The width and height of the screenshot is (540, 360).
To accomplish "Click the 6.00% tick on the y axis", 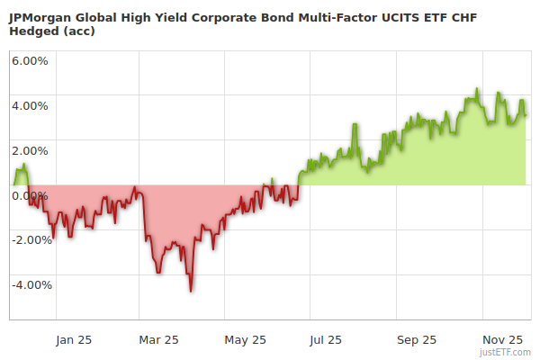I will (31, 60).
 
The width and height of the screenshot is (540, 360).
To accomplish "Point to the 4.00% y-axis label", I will (31, 105).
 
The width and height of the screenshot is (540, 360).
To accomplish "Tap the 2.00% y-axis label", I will (31, 150).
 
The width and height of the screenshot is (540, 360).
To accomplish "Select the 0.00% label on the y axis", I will (31, 195).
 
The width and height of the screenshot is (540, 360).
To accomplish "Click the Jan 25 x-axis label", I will (74, 339).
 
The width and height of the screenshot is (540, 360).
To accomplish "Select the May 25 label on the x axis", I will (246, 339).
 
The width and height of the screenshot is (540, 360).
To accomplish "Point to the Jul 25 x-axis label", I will (326, 339).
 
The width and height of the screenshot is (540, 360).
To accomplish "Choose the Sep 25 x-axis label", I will (416, 339).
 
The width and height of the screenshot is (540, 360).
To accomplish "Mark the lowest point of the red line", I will (191, 291).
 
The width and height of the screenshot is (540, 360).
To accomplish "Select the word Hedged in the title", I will (34, 31).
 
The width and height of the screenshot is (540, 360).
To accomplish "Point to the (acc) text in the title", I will (79, 31).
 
